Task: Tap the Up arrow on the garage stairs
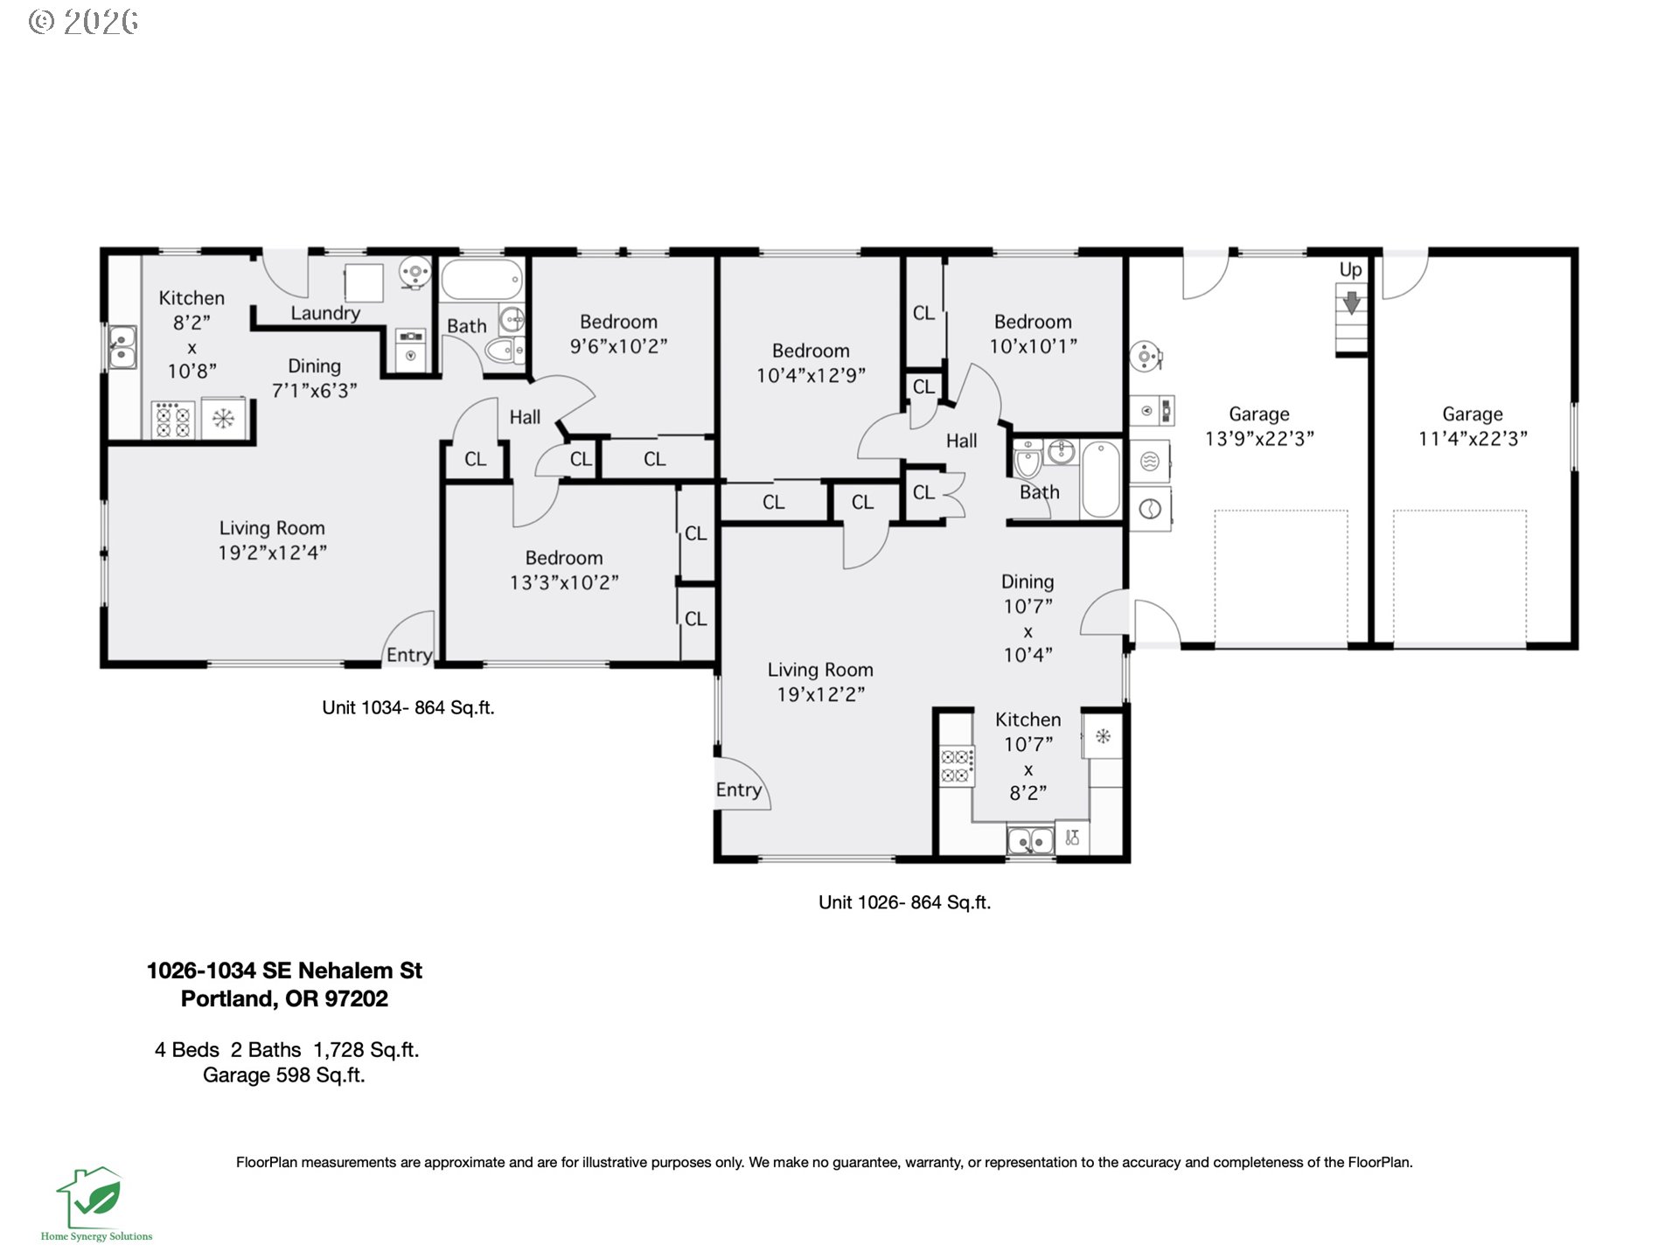(1351, 303)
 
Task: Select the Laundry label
(325, 313)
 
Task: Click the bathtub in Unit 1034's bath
(481, 280)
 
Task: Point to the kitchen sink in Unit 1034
(122, 347)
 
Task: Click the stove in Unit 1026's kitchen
(957, 766)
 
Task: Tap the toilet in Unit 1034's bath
(505, 351)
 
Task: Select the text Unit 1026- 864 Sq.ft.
(904, 902)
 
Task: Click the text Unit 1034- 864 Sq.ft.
(408, 707)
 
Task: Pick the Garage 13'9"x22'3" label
(1259, 427)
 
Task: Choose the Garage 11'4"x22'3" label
(1473, 427)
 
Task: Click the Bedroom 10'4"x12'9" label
(811, 363)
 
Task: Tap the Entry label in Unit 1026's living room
(739, 790)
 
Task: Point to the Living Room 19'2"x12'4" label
(272, 539)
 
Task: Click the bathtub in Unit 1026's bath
(1101, 479)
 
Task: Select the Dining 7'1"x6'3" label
(314, 378)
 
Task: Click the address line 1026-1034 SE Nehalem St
(284, 970)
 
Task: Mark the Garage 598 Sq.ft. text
(284, 1075)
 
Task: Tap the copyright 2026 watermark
(83, 21)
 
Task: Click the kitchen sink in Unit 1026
(1030, 841)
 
